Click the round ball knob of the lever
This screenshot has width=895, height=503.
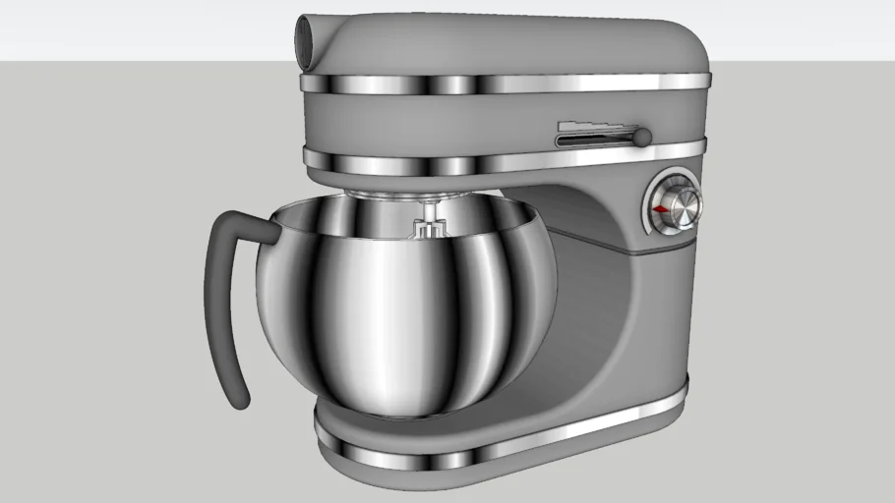(642, 137)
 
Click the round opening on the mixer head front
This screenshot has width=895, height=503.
(308, 43)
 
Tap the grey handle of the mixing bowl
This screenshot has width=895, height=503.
(218, 295)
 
